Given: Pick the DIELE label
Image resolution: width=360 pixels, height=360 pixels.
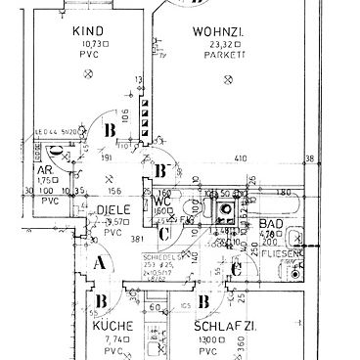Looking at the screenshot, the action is pos(112,209).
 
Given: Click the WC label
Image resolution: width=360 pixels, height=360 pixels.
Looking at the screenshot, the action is pos(164,200).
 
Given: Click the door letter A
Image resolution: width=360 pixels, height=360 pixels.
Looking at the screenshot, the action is pos(99,262).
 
